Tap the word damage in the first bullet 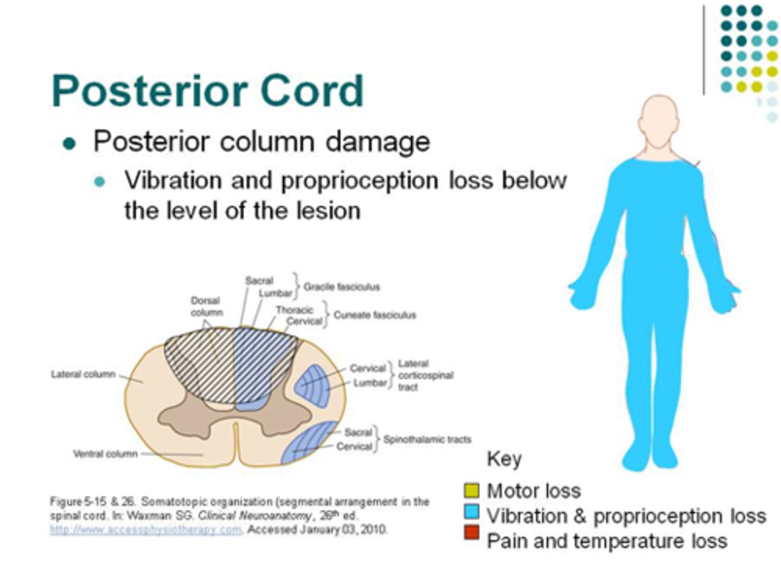pos(377,142)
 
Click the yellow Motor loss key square pos(471,491)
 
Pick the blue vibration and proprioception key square pos(471,512)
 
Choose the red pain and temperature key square pos(471,532)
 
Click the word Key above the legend pos(504,459)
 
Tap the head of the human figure pos(659,122)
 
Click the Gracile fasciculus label pos(342,286)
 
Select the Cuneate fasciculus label pos(375,315)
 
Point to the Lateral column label pos(83,374)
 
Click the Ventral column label pos(105,454)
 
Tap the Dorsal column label pos(206,306)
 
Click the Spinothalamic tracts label pos(427,439)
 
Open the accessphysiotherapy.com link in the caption pos(145,530)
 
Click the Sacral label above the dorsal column pos(259,281)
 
